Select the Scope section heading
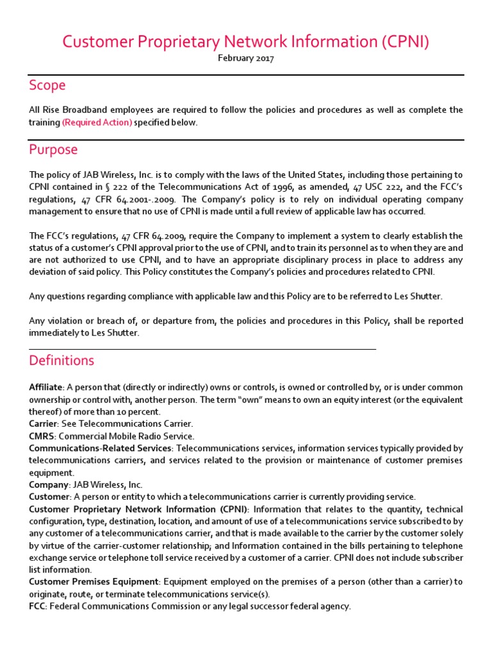pyautogui.click(x=47, y=85)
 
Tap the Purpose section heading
pyautogui.click(x=53, y=149)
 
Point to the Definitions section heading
pyautogui.click(x=61, y=361)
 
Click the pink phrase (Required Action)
pyautogui.click(x=97, y=123)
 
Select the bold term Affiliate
pyautogui.click(x=45, y=388)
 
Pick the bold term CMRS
pyautogui.click(x=41, y=436)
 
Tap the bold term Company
pyautogui.click(x=47, y=484)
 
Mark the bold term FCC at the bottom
pyautogui.click(x=38, y=606)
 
